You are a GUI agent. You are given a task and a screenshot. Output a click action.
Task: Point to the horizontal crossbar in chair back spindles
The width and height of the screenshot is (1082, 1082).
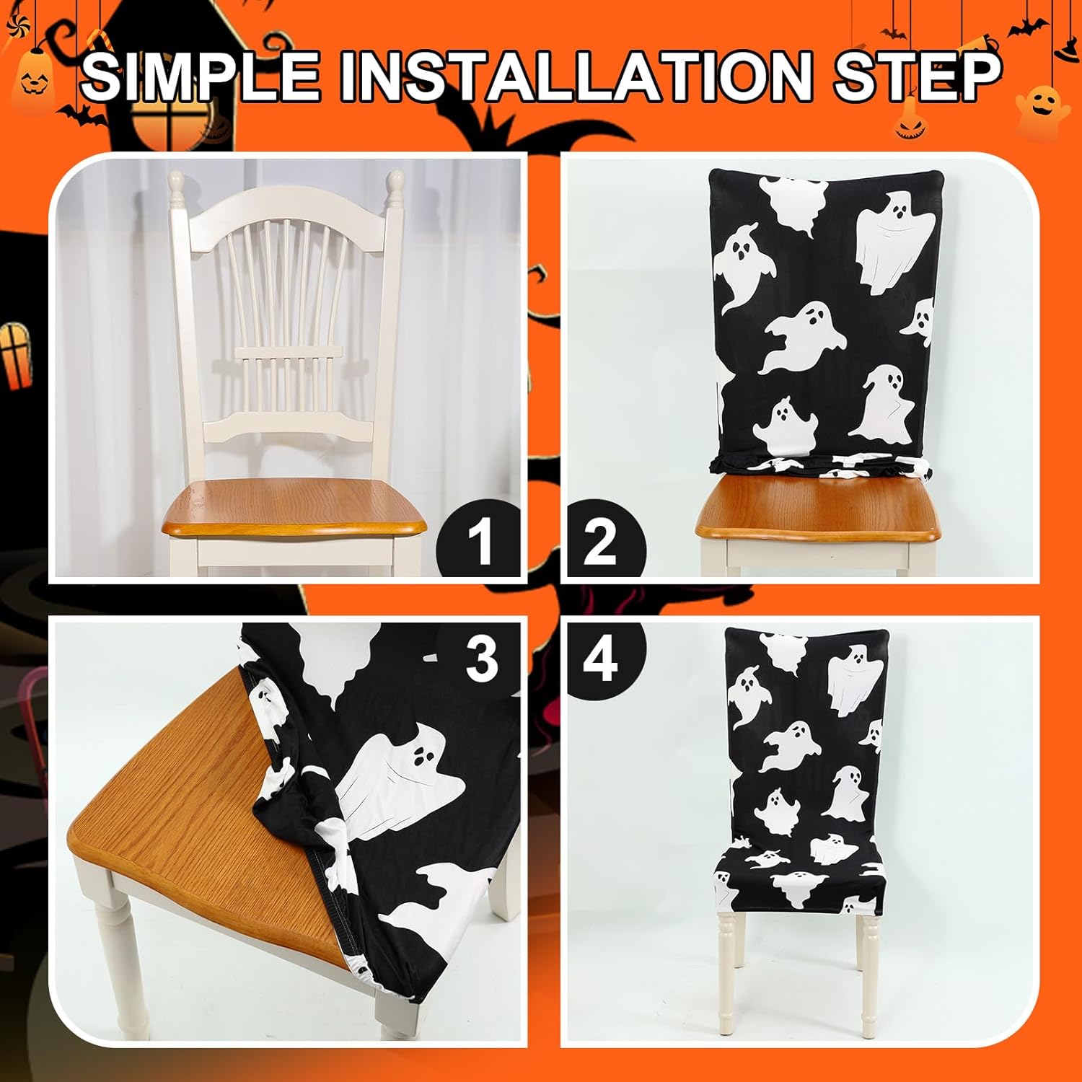(x=287, y=352)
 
